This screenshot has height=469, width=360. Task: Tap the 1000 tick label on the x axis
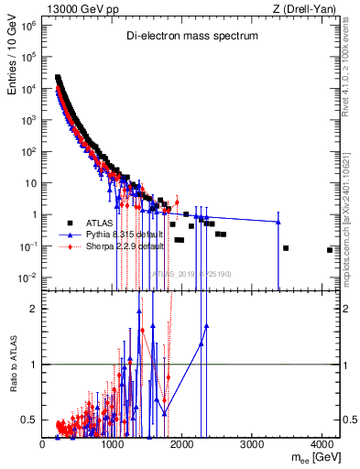113,443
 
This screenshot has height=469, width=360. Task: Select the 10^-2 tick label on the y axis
28,278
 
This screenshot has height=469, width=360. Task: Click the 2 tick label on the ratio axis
36,309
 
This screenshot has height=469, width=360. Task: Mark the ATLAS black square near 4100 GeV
330,250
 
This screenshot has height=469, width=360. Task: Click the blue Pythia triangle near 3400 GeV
278,222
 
